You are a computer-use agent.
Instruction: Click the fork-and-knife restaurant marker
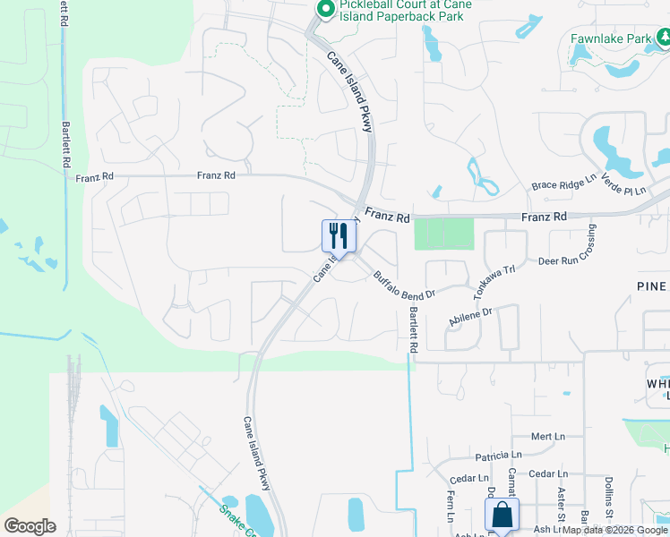339,236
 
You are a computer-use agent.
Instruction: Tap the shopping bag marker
502,515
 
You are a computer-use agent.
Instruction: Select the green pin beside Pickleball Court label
325,10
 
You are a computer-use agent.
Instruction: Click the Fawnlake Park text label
611,39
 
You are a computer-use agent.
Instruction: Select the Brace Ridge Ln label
563,184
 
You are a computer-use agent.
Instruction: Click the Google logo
30,526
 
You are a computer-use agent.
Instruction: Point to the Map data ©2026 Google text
615,531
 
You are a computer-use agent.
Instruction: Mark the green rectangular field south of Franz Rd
443,234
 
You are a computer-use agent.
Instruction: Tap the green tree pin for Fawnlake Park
665,38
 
